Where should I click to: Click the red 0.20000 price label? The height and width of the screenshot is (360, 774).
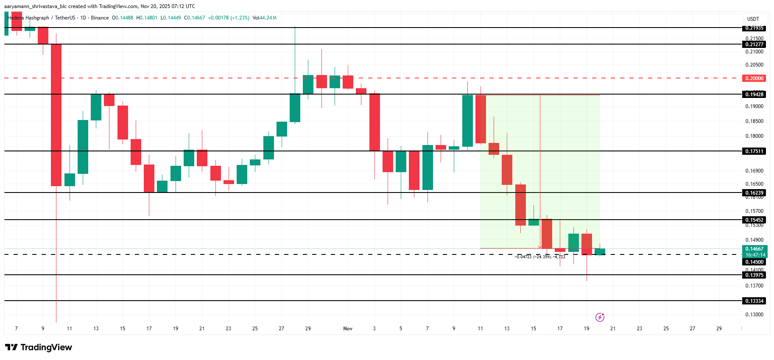click(x=754, y=78)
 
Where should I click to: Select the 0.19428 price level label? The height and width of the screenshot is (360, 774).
click(x=754, y=95)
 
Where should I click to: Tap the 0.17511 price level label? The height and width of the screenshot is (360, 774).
click(x=754, y=151)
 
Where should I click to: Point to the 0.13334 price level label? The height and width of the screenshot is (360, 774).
click(x=754, y=301)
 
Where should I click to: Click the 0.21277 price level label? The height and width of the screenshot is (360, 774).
click(x=754, y=45)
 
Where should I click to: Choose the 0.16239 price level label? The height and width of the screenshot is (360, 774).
click(x=754, y=193)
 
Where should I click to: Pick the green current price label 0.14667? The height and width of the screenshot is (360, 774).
click(x=754, y=249)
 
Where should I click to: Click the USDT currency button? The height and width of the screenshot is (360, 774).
click(x=753, y=19)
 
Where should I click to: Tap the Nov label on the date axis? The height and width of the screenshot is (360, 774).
click(x=348, y=329)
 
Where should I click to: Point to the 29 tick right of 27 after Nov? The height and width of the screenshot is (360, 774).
click(x=719, y=329)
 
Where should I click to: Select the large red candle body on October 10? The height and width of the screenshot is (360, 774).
click(x=56, y=115)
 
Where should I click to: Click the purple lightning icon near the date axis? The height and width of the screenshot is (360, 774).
click(x=600, y=317)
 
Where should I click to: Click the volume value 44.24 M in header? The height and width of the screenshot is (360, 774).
click(x=268, y=18)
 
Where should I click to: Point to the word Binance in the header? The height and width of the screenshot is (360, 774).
click(x=100, y=18)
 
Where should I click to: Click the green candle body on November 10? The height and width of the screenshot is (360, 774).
click(x=467, y=121)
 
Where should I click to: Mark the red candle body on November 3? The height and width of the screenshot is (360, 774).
click(x=374, y=122)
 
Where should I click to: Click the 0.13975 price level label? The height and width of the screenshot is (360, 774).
click(x=754, y=275)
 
